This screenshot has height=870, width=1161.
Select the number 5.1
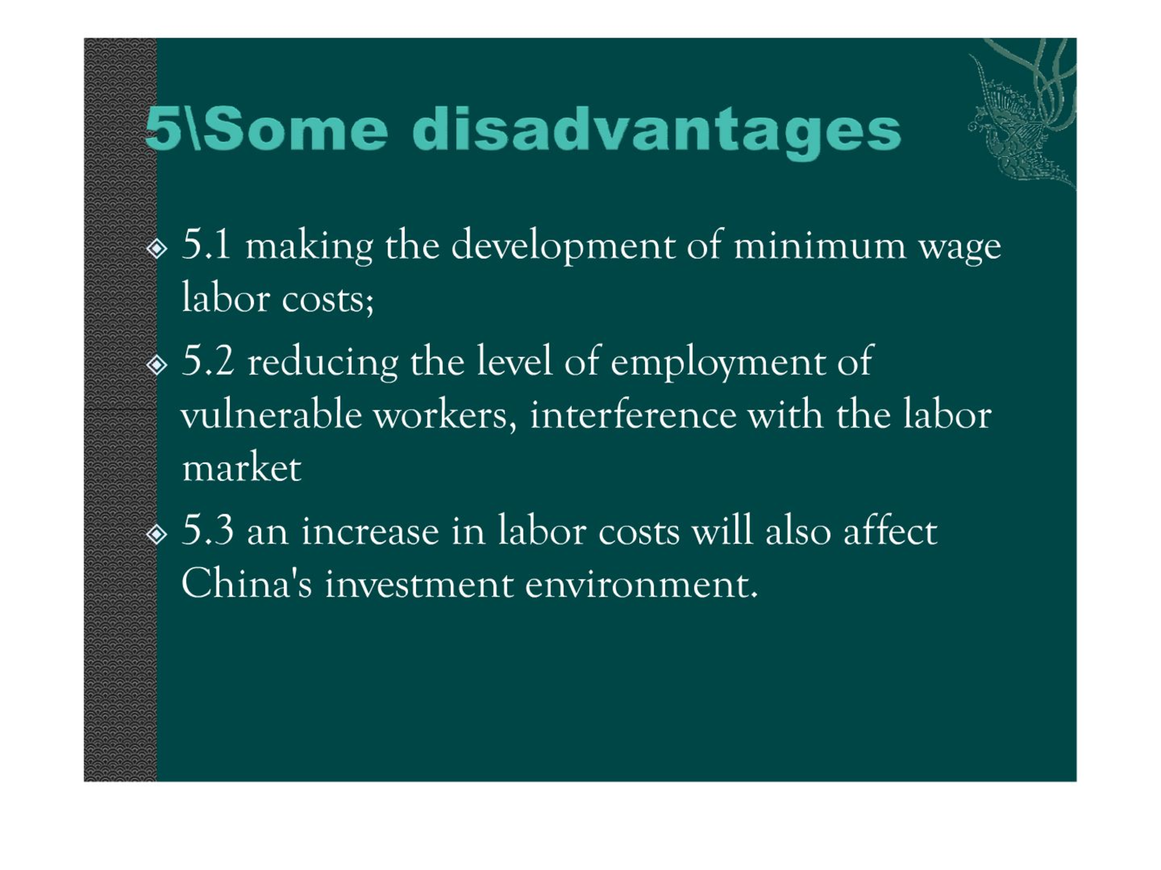click(206, 244)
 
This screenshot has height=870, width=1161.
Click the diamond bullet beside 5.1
click(157, 248)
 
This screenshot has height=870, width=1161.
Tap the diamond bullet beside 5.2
click(157, 364)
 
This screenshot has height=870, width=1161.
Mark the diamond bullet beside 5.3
click(157, 534)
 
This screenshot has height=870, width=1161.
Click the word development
click(563, 246)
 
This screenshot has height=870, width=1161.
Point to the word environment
click(642, 584)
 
